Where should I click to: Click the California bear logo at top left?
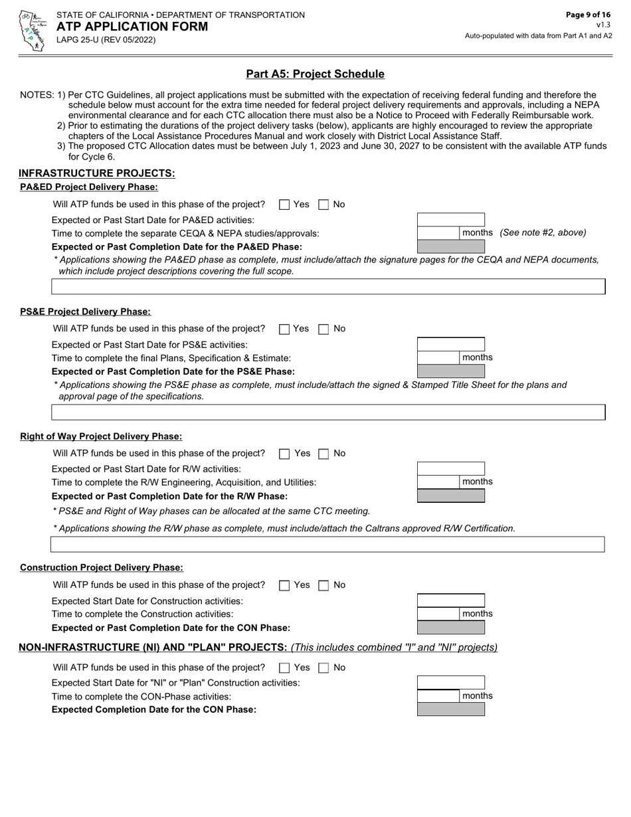pos(31,31)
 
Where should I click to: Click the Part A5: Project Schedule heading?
pos(315,74)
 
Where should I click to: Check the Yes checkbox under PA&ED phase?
pos(284,205)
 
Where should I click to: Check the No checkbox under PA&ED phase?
pos(323,205)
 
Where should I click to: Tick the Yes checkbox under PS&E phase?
pos(284,329)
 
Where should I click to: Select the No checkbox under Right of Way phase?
pos(323,454)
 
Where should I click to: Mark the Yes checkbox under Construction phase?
pos(284,585)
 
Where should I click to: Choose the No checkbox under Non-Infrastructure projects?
pos(323,668)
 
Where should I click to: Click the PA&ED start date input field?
pos(450,219)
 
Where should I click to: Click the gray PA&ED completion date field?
pos(450,246)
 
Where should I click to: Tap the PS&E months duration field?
pos(438,357)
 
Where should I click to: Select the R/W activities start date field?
pos(450,469)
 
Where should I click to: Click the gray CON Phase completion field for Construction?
pos(450,628)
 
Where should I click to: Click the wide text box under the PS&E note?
pos(328,412)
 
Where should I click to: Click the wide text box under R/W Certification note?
pos(328,545)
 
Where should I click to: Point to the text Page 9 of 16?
pos(588,15)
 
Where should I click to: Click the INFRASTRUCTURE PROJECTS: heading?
pos(97,173)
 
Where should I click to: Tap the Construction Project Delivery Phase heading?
pos(102,567)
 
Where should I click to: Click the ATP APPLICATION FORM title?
pos(132,27)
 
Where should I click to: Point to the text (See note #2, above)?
pos(543,232)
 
